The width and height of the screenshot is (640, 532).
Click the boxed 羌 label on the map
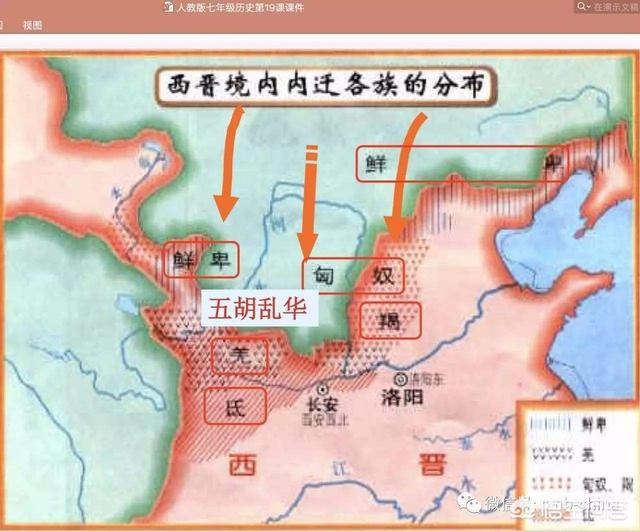pyautogui.click(x=239, y=356)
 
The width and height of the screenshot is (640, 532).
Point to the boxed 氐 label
pyautogui.click(x=235, y=405)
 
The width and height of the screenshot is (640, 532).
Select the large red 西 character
pyautogui.click(x=244, y=466)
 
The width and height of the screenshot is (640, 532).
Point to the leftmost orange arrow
pyautogui.click(x=228, y=160)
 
